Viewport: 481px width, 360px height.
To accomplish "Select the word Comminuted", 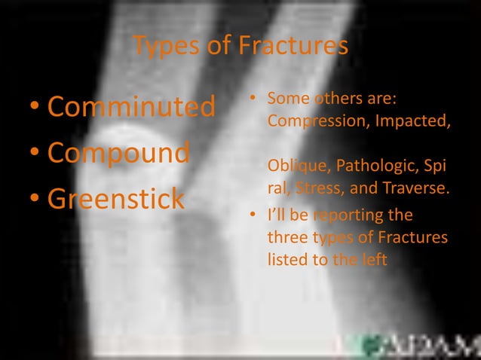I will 131,107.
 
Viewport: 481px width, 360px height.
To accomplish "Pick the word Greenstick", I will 116,199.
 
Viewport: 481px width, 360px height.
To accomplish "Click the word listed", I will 286,259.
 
